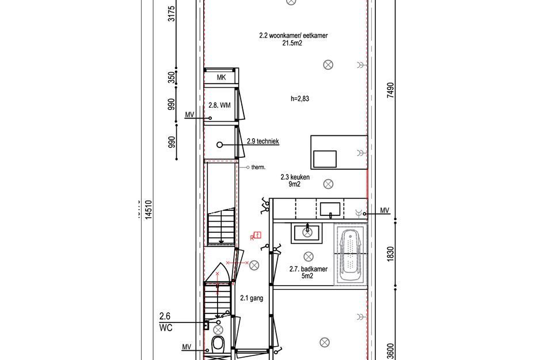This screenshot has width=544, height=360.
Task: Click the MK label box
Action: [x=221, y=78]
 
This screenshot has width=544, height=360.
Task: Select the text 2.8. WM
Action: [x=219, y=106]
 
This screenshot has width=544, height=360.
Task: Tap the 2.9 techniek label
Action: [x=263, y=141]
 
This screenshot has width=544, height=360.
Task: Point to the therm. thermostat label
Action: [x=258, y=168]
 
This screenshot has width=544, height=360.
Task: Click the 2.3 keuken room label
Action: [x=294, y=177]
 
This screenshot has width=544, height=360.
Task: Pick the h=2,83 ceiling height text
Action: [x=300, y=98]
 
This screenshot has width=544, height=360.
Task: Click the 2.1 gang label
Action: [x=252, y=298]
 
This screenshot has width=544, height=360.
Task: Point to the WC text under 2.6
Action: [x=166, y=327]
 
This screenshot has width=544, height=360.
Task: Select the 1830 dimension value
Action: [x=390, y=254]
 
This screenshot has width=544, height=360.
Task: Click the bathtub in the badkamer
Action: [x=350, y=255]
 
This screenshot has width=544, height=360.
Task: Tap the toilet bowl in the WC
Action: [x=218, y=344]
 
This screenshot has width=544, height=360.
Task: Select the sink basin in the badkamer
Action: [x=307, y=232]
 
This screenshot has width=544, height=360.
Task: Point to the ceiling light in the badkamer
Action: [x=308, y=256]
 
